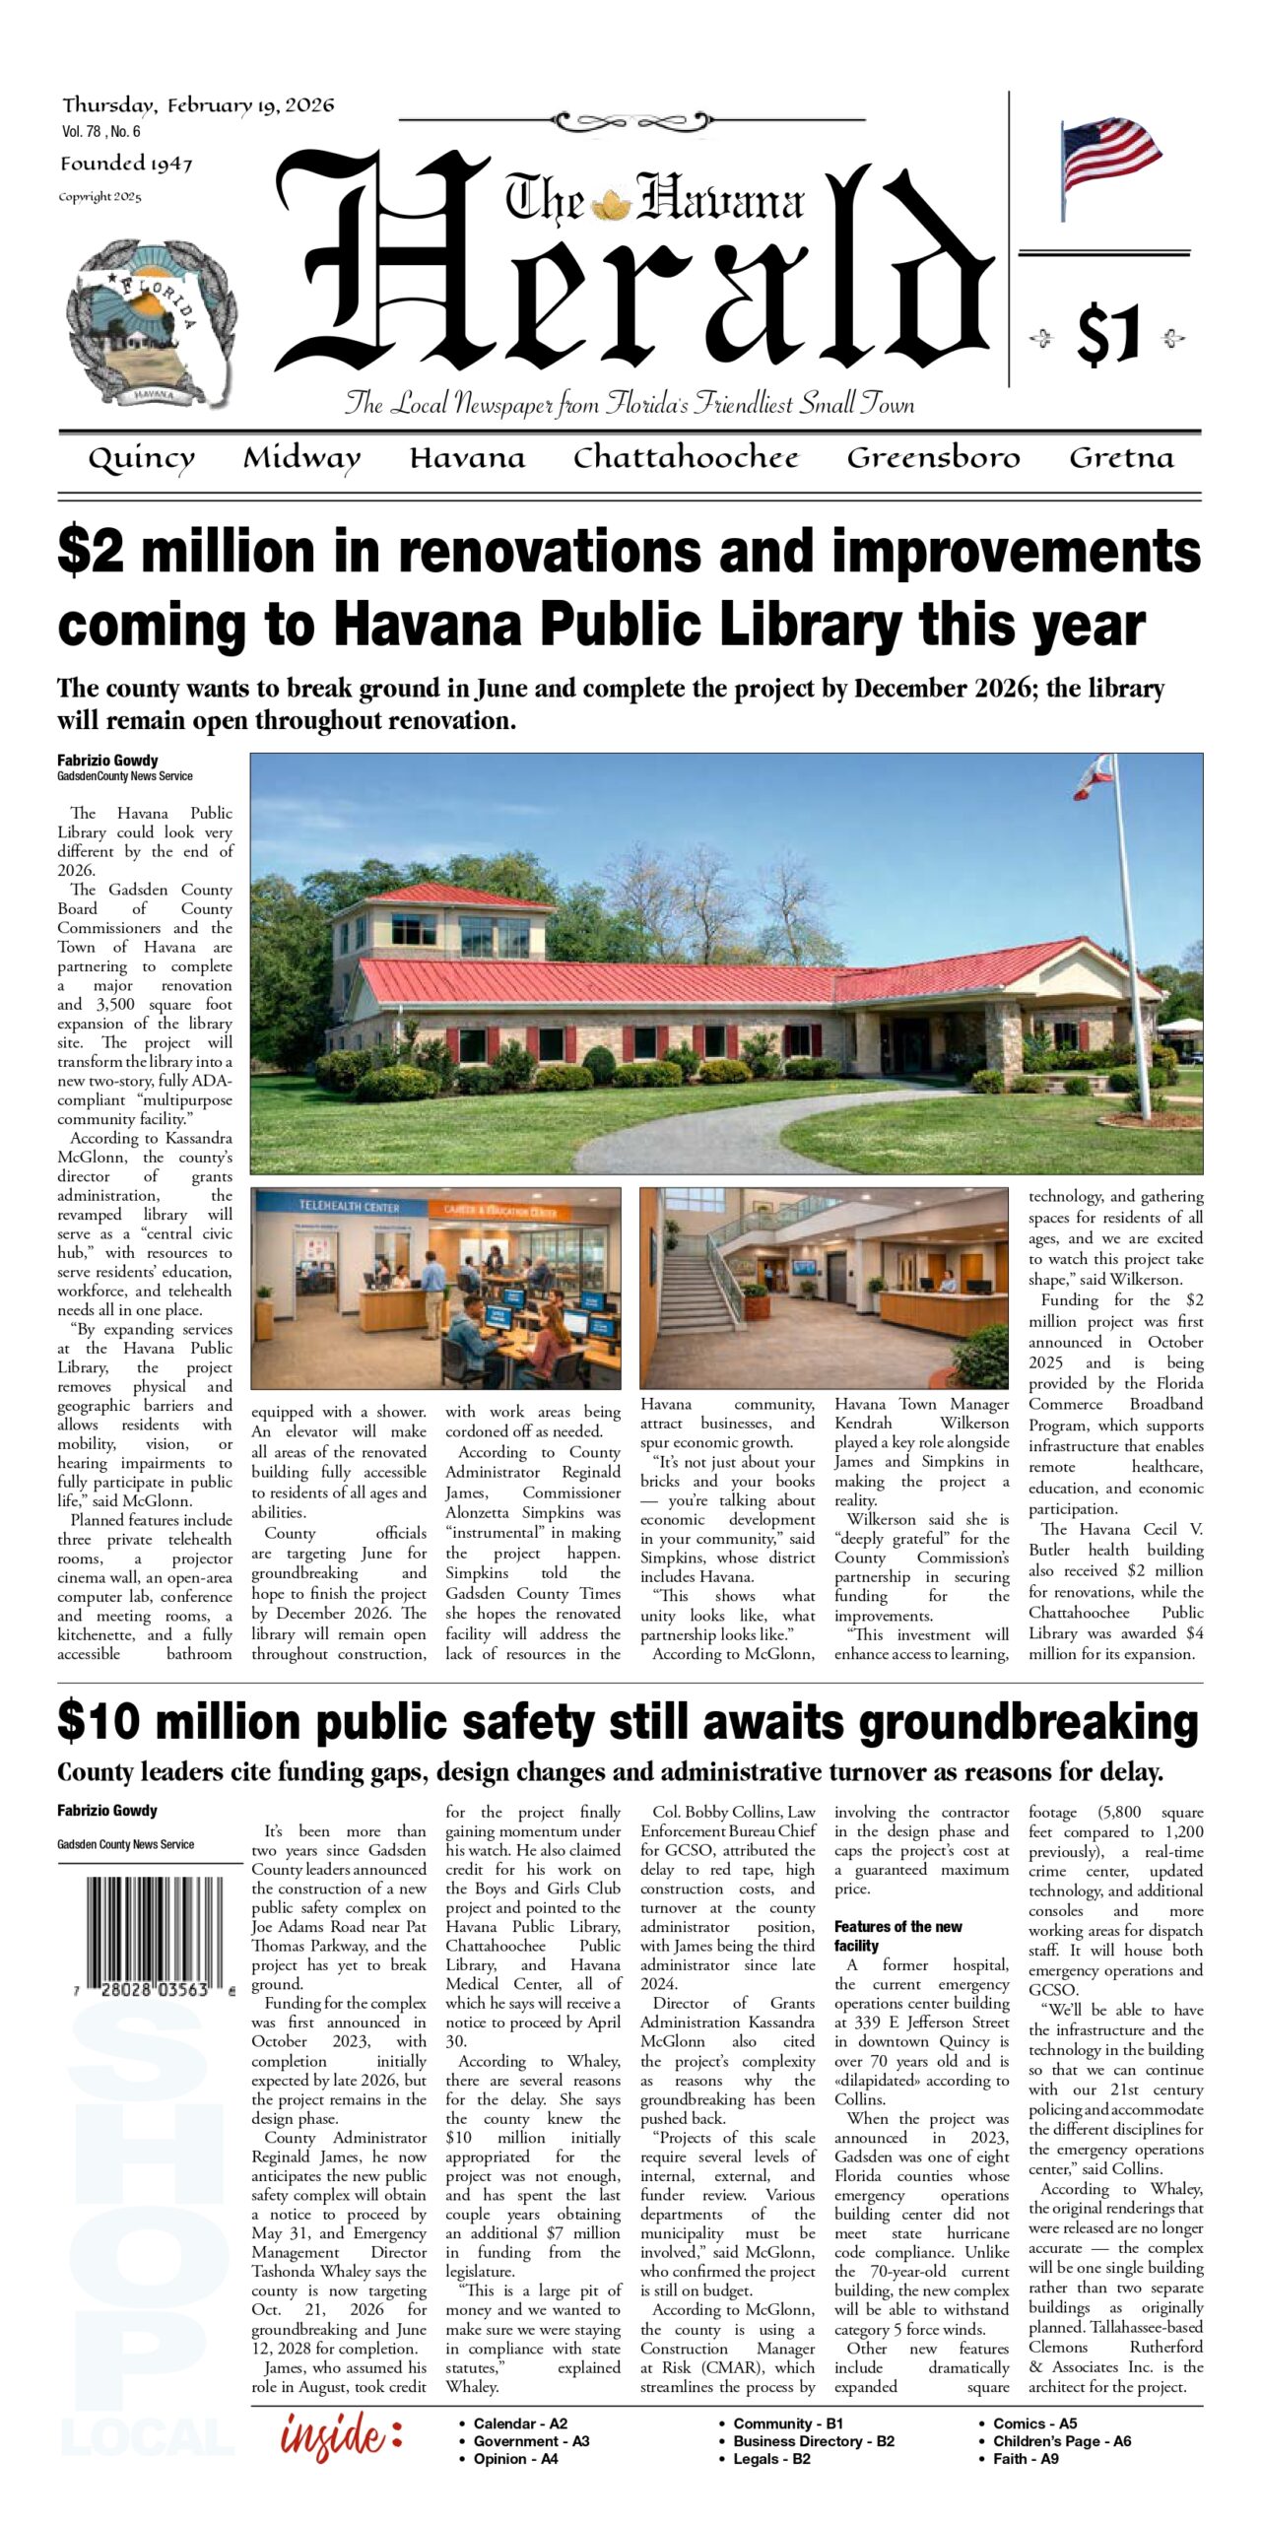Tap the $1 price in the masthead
click(x=1108, y=335)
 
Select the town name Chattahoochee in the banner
click(x=686, y=458)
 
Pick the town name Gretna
click(x=1121, y=458)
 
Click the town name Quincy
click(x=141, y=459)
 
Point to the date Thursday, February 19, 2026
click(x=198, y=105)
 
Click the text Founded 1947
click(x=126, y=164)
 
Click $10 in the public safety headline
click(x=101, y=1723)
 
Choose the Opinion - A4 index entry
click(x=515, y=2459)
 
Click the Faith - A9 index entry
click(x=1025, y=2459)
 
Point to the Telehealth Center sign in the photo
click(x=349, y=1206)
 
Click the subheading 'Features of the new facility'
click(x=897, y=1935)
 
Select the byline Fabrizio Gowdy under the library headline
click(x=107, y=761)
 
